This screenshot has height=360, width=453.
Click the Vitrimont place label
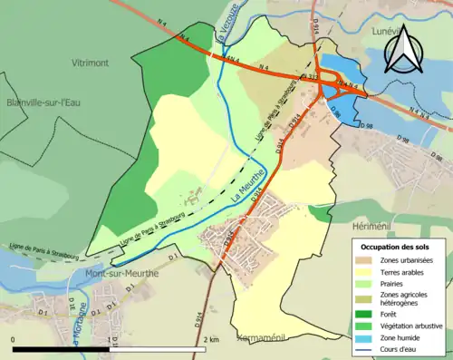click(x=96, y=63)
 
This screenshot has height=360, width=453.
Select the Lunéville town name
click(x=379, y=31)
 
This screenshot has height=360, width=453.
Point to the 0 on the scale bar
click(x=13, y=339)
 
